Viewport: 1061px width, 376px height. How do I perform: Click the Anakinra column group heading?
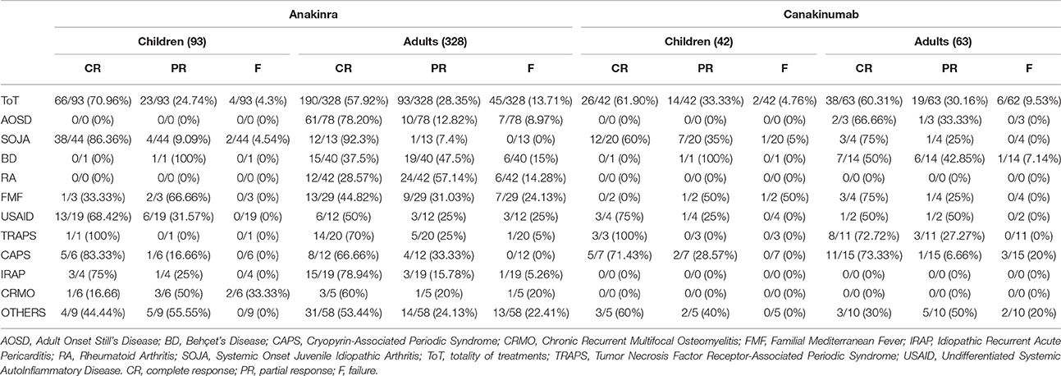(313, 14)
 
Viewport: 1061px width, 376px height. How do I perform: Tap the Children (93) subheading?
(172, 42)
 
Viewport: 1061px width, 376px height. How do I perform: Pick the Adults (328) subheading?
(435, 42)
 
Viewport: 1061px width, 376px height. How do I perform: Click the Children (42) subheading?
(698, 42)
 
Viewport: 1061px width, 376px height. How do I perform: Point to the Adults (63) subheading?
(943, 42)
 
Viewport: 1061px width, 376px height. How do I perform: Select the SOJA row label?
(16, 140)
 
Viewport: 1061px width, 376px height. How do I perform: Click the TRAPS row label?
(19, 236)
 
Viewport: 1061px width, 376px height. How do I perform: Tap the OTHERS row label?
(23, 313)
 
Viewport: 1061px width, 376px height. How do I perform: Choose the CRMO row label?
(18, 294)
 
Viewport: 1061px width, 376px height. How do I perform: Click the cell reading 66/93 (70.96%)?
(93, 101)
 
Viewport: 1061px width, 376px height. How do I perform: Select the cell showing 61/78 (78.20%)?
(343, 120)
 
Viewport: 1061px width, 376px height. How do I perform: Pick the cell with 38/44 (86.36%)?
(93, 140)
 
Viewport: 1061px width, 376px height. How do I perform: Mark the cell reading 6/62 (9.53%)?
(1029, 101)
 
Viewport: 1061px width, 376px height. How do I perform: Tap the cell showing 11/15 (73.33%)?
(864, 255)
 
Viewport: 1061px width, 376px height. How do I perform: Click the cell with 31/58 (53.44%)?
(343, 313)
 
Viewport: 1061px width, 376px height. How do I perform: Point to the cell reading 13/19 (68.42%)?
(93, 217)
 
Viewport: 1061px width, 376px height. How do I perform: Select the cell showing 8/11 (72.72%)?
(864, 236)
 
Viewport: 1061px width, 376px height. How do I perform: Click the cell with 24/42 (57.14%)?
(438, 178)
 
